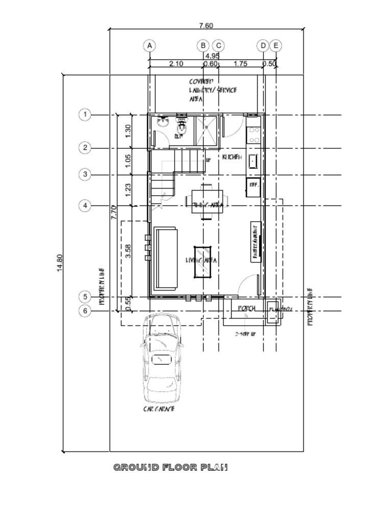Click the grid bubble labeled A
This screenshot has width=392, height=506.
(149, 46)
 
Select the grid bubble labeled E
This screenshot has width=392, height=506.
(276, 46)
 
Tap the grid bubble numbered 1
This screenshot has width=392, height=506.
(85, 115)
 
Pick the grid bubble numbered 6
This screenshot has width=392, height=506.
(85, 311)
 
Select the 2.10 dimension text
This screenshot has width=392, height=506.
(176, 64)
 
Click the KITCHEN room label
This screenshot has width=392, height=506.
(232, 157)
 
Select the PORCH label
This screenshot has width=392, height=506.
(247, 309)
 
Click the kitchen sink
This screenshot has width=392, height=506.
(254, 161)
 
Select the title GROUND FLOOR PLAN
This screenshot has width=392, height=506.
(170, 467)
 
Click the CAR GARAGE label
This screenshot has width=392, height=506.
(159, 409)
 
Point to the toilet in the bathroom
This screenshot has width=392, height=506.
(181, 124)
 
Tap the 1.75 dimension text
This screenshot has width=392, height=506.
(240, 64)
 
